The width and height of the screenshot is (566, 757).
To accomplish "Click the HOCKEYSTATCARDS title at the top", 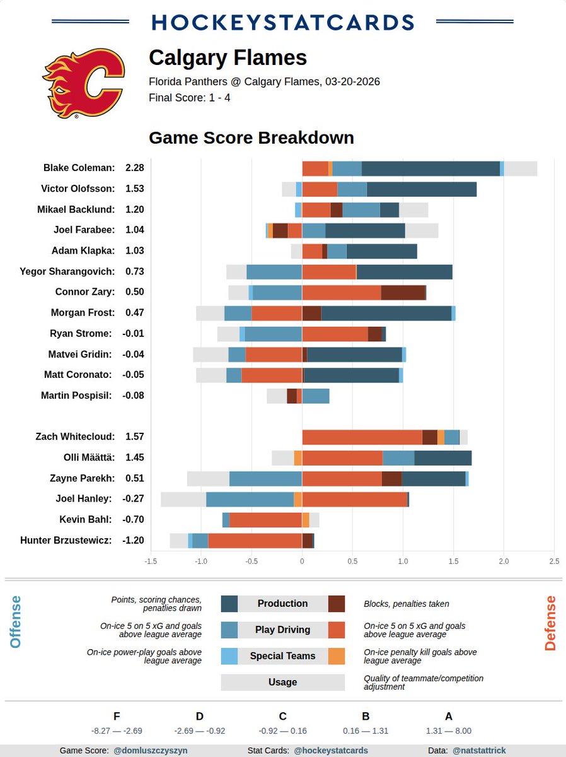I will coord(283,22).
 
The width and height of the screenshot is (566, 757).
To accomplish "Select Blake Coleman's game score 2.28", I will coord(135,168).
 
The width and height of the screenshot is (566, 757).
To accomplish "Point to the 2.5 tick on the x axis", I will coord(554,561).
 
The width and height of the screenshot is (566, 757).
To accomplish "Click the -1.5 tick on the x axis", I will coord(151,561).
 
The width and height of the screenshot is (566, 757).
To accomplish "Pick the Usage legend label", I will coord(282,682).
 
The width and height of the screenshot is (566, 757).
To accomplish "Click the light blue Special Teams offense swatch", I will coord(229,656).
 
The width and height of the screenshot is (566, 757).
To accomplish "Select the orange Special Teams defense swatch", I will coord(337,656).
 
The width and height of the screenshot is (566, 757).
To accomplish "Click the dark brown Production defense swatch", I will coord(337,604).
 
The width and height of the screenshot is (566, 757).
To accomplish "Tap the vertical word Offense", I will coord(16,622).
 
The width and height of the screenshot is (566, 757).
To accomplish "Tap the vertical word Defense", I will coord(550,623).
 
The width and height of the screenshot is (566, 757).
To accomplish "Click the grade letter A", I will coord(449,716).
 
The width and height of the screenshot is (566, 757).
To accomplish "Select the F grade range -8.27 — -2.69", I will coord(117,731).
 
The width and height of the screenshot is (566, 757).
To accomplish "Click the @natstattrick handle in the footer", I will coord(479,751).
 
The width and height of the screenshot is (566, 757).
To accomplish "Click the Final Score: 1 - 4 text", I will coord(189,98).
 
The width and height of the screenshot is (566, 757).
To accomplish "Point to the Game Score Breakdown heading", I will coord(251,138).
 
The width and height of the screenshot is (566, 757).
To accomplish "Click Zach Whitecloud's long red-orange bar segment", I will coord(362,437).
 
